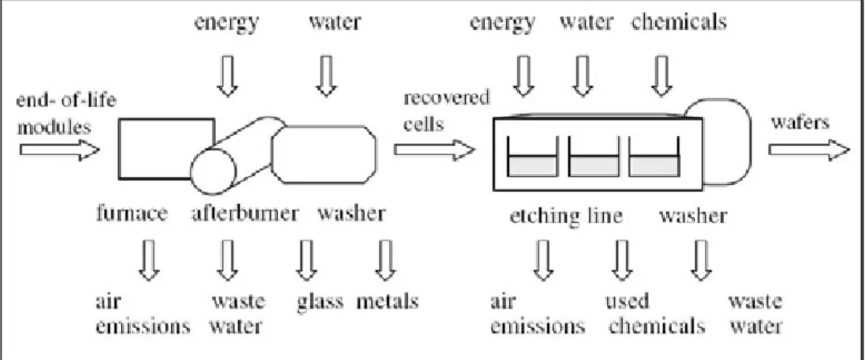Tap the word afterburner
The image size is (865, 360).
[245, 214]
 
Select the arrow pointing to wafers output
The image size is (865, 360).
[809, 150]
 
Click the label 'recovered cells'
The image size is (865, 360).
[447, 111]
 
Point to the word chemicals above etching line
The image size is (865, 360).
[679, 22]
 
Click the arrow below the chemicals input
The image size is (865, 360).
[662, 76]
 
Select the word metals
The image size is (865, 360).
[387, 301]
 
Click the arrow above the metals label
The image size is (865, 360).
[386, 260]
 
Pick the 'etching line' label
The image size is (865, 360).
[566, 216]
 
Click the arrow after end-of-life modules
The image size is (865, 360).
[59, 150]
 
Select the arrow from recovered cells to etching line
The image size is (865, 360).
[435, 150]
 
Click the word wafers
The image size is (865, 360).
[800, 122]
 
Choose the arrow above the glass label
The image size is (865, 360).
[306, 260]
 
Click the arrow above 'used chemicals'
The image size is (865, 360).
[622, 260]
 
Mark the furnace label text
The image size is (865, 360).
[132, 214]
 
